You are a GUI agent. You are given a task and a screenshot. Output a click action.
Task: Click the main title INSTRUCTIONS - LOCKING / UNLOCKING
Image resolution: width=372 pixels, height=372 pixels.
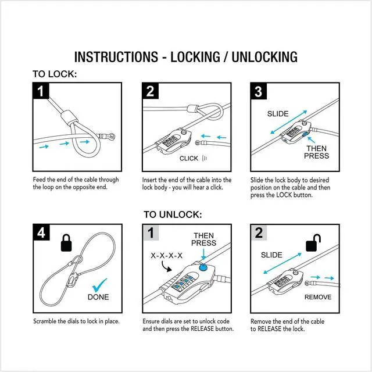[186, 57]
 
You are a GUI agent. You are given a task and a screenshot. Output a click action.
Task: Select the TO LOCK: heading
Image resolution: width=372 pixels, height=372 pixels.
[54, 74]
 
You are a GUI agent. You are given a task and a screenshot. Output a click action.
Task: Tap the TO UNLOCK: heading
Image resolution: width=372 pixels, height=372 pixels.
[173, 214]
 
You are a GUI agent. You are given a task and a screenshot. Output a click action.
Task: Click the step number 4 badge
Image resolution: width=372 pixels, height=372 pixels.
[41, 233]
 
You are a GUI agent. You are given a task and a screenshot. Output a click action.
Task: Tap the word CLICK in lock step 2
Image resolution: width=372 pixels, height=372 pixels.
[189, 158]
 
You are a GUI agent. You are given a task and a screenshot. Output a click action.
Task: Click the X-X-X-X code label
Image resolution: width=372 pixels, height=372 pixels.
[167, 256]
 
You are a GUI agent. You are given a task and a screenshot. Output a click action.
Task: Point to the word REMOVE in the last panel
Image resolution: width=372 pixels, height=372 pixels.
[318, 297]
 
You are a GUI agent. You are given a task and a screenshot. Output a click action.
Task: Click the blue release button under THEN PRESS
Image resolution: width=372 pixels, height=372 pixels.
[203, 267]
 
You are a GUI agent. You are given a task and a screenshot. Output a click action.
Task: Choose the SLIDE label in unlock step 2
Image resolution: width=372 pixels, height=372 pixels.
[271, 255]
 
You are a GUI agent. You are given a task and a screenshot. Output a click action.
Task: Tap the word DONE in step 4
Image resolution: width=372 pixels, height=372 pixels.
[98, 297]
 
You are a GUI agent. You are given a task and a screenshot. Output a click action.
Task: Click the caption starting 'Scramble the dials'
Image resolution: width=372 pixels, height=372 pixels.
[76, 321]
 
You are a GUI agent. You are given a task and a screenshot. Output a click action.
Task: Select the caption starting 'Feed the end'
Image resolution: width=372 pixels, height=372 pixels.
[75, 183]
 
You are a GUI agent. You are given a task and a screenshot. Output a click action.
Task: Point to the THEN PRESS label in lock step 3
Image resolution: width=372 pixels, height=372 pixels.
[316, 152]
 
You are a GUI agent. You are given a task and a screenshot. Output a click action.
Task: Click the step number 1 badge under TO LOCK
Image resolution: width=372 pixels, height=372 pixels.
[41, 91]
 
